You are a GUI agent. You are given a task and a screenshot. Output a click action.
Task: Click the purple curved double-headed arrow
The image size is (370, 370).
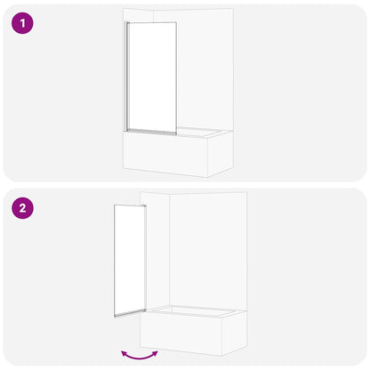point(140,354)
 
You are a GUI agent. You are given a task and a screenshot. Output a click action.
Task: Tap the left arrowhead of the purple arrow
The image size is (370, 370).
point(123,351)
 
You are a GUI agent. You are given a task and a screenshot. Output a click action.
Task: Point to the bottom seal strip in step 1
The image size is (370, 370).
point(151,131)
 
